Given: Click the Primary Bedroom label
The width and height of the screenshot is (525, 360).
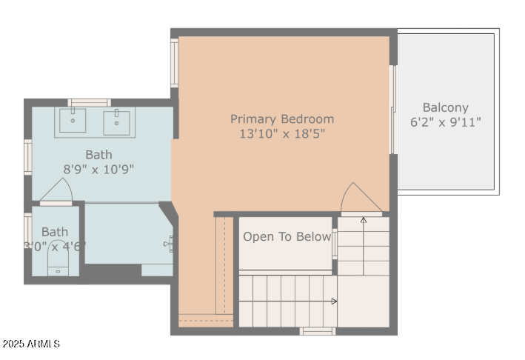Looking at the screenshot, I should pos(281,119).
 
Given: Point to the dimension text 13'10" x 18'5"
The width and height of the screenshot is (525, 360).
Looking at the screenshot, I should pos(281,134).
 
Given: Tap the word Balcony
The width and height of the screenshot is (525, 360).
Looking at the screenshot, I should pos(445,107).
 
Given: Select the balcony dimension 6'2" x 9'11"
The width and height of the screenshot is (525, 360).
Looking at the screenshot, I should pos(445,122).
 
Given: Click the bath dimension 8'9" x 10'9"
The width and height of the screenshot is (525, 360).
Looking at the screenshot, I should pos(98,169).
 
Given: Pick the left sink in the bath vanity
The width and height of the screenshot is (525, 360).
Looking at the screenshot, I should pos(73,121).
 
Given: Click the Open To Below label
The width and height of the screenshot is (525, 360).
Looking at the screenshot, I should pos(287,237).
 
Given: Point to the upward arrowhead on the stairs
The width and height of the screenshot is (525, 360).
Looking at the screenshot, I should pos(363,219).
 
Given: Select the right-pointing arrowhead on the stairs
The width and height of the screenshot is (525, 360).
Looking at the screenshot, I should pos(335,301).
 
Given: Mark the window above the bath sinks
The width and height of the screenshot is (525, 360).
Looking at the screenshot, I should pos(89,102).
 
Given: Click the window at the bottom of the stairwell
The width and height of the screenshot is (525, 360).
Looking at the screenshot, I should pos(317,331).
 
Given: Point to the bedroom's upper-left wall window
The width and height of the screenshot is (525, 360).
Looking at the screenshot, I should pos(175,64).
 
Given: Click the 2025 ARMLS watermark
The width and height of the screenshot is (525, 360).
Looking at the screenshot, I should pos(31,344).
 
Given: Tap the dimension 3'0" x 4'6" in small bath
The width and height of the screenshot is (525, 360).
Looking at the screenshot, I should pos(55,246).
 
